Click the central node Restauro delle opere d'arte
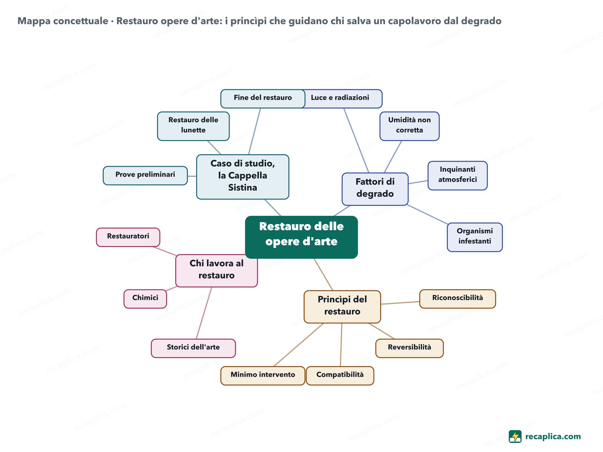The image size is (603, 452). [301, 237]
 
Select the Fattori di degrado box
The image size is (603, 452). [375, 189]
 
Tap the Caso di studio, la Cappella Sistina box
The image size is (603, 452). [243, 177]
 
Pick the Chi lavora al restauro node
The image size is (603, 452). [217, 271]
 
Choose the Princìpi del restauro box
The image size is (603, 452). [342, 307]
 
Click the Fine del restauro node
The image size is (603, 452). [263, 99]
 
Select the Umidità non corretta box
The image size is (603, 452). [409, 126]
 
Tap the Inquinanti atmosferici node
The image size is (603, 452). [457, 175]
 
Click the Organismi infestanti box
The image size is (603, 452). [475, 237]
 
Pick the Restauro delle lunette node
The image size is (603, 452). [193, 126]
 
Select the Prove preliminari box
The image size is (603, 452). [145, 175]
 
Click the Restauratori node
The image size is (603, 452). [128, 237]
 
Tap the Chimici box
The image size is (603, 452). [145, 299]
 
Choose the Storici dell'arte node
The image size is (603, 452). [193, 348]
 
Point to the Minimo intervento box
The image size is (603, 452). [263, 375]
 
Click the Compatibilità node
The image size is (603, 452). [340, 375]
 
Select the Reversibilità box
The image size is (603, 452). [409, 348]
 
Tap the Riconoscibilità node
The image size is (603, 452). [457, 299]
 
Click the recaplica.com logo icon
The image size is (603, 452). [515, 436]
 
